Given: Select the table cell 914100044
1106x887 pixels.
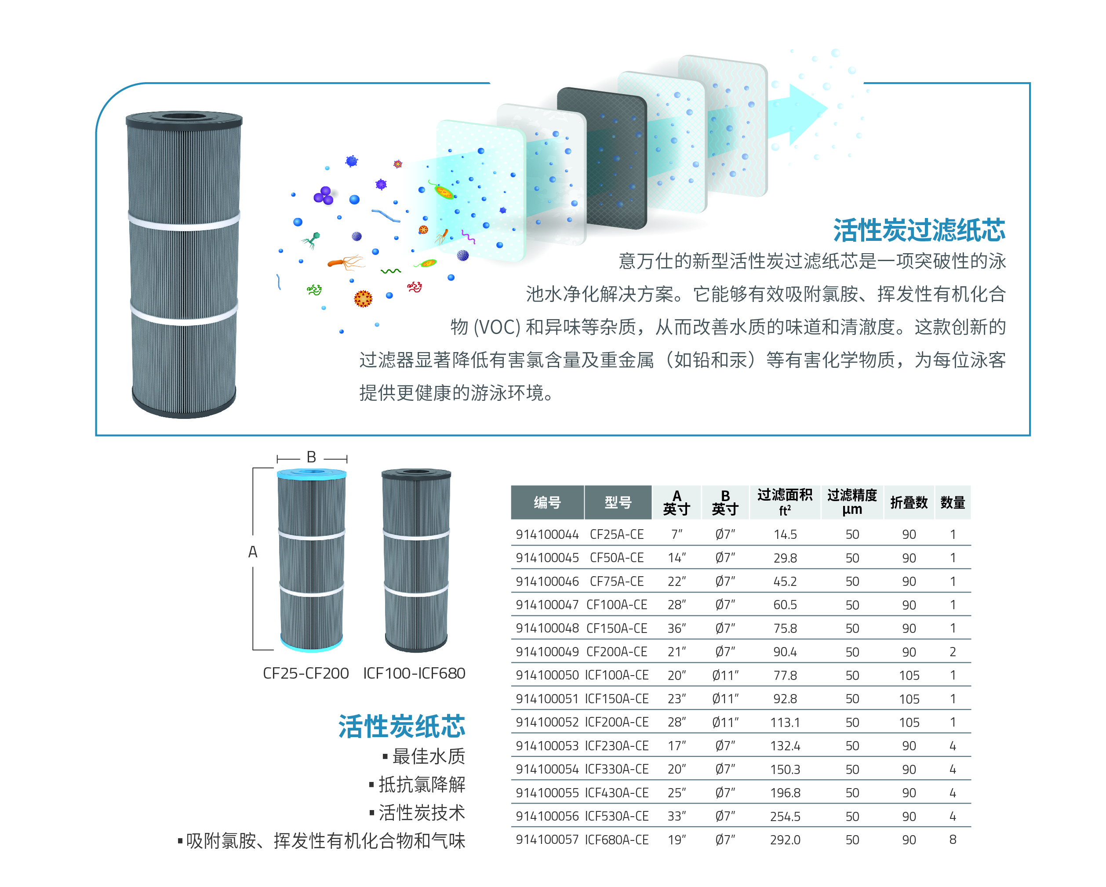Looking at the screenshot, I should tap(547, 534).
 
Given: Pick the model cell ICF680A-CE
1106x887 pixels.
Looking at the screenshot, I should tap(617, 840).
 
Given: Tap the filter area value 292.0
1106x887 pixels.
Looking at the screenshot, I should tap(785, 840).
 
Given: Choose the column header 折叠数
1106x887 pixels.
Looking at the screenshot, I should tap(909, 503).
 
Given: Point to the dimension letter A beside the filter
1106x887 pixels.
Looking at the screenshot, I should tap(252, 552).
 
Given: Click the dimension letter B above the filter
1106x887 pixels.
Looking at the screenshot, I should tap(311, 457).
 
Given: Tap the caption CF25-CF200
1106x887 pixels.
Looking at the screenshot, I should tap(306, 673).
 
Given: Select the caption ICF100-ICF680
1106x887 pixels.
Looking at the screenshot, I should tap(414, 673).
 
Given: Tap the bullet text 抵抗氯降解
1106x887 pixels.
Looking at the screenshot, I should tap(422, 785).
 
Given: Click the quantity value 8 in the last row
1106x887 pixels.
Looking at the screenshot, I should tap(953, 840).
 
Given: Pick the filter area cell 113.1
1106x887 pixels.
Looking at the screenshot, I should tap(785, 722).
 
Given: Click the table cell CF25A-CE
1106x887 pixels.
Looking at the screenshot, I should tap(617, 534).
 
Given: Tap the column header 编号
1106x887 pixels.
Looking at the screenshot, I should tap(547, 503).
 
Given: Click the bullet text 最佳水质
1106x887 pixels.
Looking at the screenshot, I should tap(428, 756).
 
